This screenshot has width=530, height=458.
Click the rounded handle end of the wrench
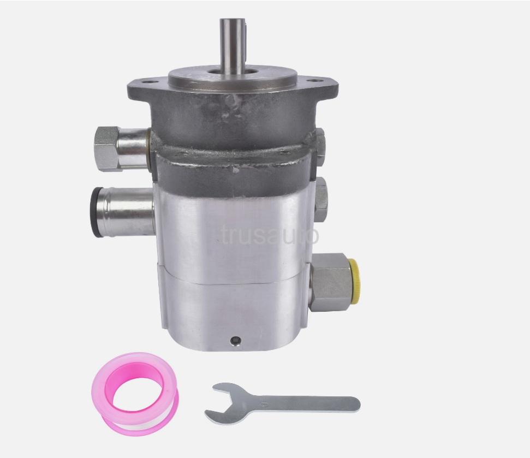click(353, 404)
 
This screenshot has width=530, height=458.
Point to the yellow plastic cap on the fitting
click(355, 281)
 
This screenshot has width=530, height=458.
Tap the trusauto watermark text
click(270, 235)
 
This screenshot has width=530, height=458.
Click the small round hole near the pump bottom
click(236, 341)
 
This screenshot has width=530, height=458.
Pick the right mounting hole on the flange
click(316, 81)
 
